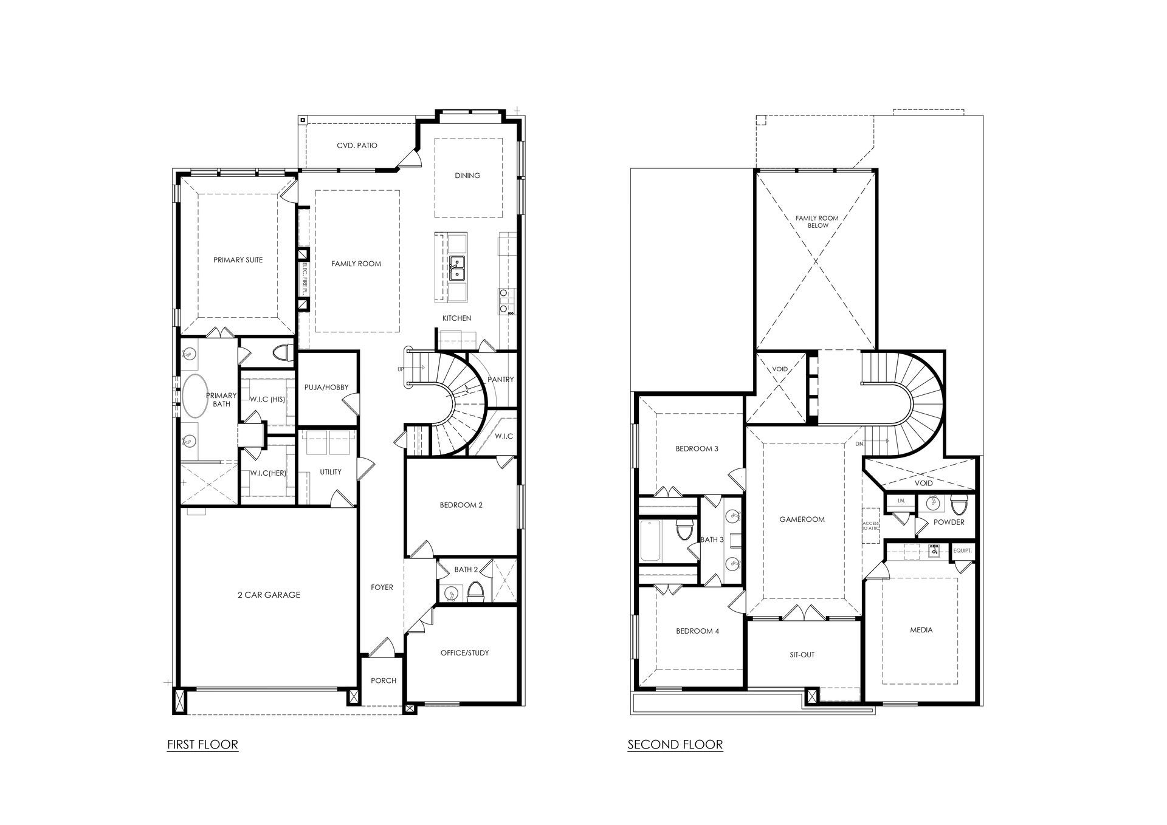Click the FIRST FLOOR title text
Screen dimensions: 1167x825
tap(202, 744)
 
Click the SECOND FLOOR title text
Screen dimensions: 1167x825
tap(675, 744)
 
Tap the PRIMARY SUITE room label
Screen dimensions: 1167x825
tap(238, 260)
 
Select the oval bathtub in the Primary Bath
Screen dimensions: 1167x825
tap(196, 395)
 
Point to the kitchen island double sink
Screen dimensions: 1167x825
tap(457, 268)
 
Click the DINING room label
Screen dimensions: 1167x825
tap(467, 176)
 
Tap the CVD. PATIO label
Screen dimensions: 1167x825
tap(357, 146)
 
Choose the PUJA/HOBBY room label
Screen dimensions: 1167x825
tap(326, 388)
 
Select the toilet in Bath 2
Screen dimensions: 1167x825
tap(475, 592)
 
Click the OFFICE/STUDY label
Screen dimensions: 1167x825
tap(465, 653)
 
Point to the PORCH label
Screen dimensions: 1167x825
tap(384, 680)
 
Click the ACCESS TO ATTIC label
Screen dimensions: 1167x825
tap(870, 525)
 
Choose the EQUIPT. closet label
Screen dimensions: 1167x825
tap(963, 550)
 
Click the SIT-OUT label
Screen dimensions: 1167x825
tap(803, 655)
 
